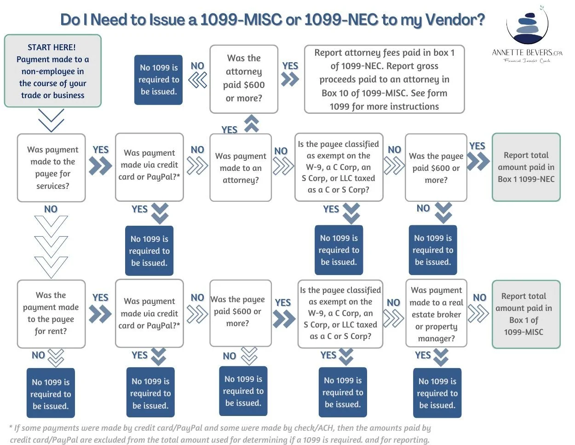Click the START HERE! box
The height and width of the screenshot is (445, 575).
coord(52,71)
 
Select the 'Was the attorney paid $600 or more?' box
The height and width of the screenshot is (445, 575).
coord(244,79)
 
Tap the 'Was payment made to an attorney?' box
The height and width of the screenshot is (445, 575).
coord(241,168)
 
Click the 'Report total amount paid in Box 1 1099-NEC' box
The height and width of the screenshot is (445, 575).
coord(526,167)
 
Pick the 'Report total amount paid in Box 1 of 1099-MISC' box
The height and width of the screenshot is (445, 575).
coord(526,314)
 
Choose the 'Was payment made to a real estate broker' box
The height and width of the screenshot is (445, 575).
coord(436,314)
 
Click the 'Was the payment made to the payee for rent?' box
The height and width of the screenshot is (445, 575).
coord(51,313)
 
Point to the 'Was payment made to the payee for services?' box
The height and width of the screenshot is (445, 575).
coord(52,168)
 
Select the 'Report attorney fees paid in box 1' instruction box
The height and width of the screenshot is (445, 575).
coord(384,79)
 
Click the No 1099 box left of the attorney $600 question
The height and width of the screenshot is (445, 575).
coord(158,80)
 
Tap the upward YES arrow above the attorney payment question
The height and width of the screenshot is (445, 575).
coord(252,124)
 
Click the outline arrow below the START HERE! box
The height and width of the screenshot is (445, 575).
coord(52,120)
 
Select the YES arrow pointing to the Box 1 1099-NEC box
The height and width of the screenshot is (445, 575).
coord(478,161)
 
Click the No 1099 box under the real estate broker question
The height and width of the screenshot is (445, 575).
coord(437,393)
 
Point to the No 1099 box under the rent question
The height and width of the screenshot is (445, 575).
coord(51,394)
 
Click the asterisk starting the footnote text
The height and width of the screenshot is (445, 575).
coord(11,428)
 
